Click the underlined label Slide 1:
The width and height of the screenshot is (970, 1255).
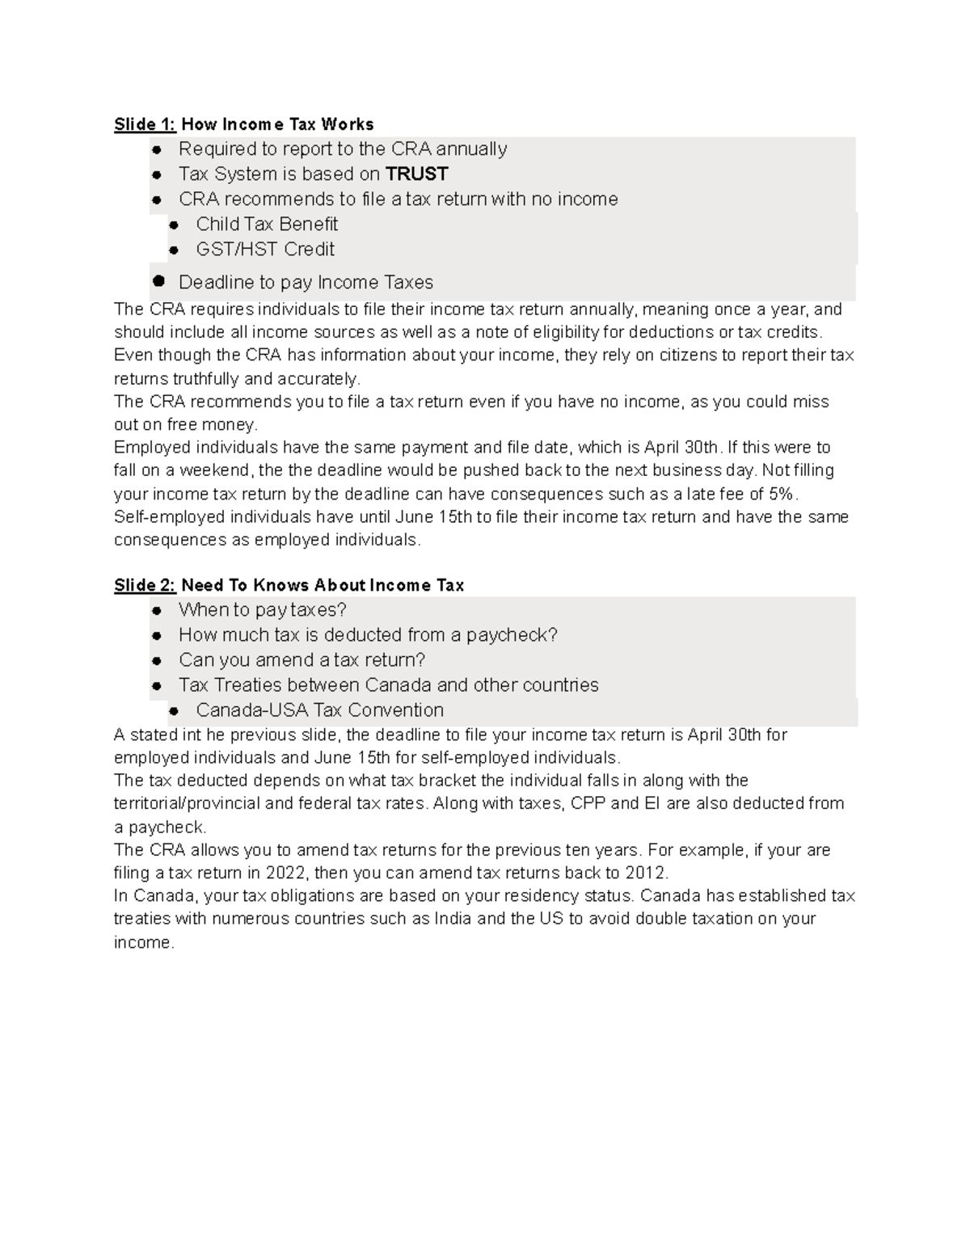coord(145,124)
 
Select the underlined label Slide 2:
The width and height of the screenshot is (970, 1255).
coord(145,585)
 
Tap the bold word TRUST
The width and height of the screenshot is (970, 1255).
coord(417,174)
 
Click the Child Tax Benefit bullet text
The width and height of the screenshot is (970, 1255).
coord(267,224)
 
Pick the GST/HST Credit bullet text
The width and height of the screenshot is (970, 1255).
coord(265,249)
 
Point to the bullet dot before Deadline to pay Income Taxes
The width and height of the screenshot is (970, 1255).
coord(158,281)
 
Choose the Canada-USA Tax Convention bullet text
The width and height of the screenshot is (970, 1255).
coord(320,710)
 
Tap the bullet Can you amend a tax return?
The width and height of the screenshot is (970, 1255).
coord(302,659)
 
